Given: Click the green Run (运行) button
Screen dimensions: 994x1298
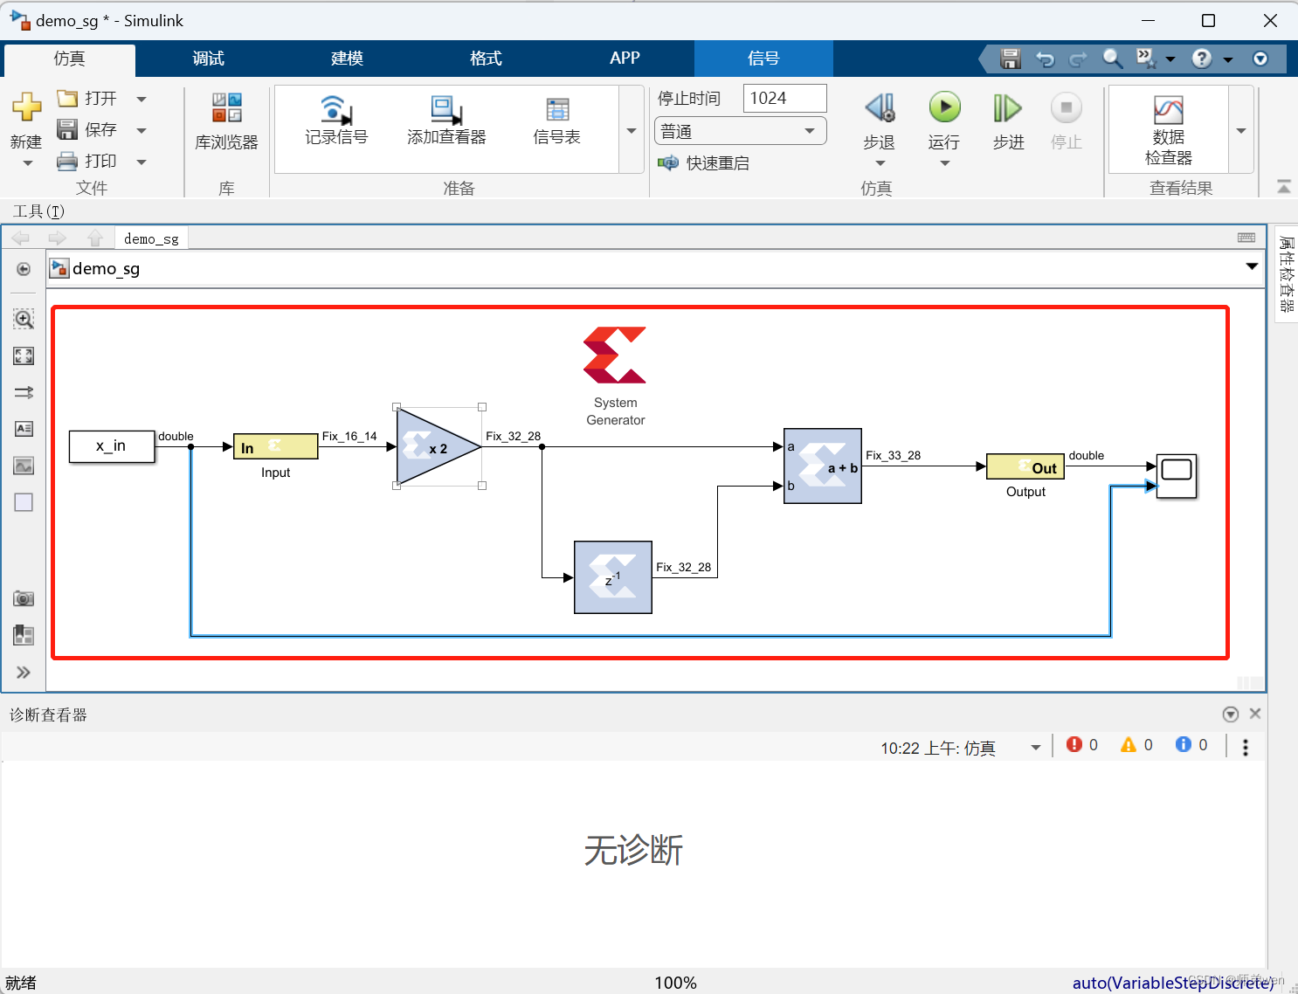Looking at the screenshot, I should point(944,108).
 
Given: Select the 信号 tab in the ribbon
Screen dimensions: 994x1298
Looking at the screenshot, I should point(763,59).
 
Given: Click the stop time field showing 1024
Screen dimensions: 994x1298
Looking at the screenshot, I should point(784,99).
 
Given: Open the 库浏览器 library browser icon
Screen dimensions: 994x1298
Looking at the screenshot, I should point(226,109).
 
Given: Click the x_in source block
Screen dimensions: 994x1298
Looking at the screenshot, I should point(112,446).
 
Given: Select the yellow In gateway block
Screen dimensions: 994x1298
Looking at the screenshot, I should point(275,447).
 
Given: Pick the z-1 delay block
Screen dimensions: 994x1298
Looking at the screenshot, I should point(612,577).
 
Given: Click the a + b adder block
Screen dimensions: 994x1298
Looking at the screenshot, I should point(822,466).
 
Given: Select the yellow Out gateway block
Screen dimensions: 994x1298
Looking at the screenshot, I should point(1025,467).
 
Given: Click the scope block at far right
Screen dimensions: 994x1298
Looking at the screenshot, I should point(1176,476).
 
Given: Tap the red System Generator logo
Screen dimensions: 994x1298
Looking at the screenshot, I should point(615,355).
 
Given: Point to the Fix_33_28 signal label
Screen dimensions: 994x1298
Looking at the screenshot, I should point(893,456).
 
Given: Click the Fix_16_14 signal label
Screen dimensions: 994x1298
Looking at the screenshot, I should point(349,437).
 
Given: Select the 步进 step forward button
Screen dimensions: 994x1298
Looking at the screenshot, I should point(1007,109).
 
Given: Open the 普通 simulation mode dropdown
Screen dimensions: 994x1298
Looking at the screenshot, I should point(739,132).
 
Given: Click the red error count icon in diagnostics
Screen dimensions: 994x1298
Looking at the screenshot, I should point(1074,745).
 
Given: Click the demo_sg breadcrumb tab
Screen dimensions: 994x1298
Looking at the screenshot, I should point(151,239).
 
